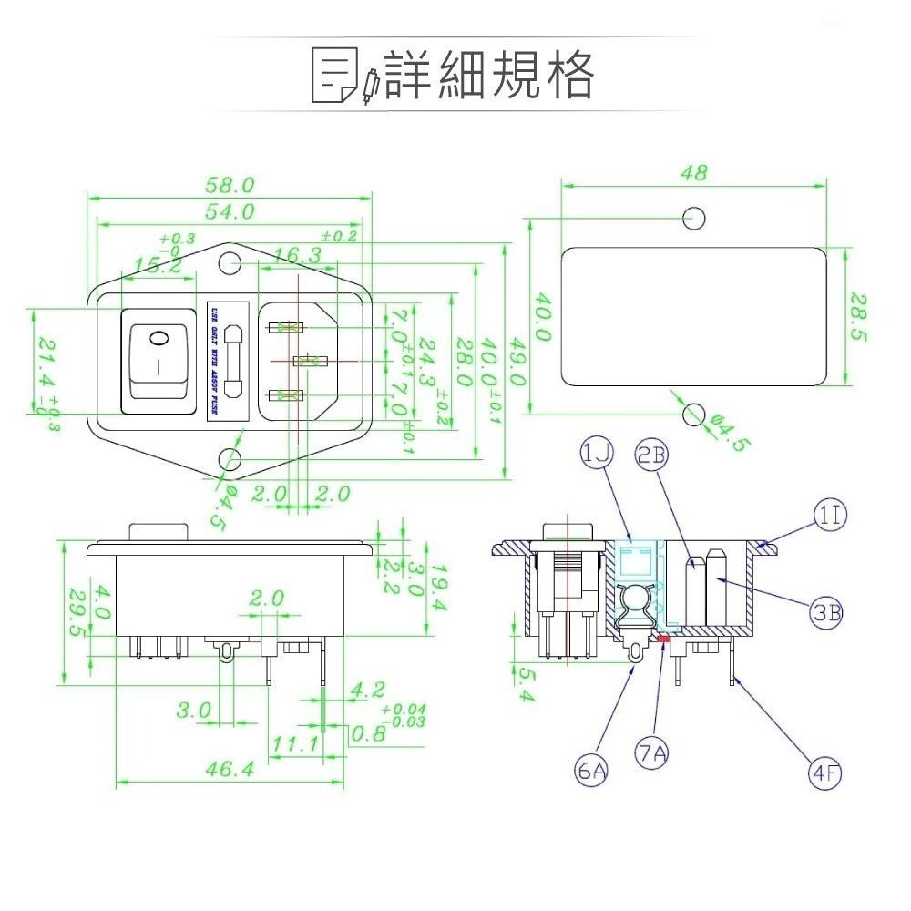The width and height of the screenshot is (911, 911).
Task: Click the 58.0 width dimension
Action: (229, 185)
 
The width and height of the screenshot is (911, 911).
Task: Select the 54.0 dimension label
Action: (229, 211)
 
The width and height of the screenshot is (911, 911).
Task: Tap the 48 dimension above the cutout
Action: (693, 172)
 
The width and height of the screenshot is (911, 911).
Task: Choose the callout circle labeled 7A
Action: (652, 753)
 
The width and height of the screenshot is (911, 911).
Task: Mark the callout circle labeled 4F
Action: (825, 774)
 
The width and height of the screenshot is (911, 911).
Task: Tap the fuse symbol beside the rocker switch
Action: (233, 360)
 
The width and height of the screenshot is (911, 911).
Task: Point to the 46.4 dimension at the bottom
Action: (229, 770)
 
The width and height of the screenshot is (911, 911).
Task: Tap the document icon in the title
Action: (334, 76)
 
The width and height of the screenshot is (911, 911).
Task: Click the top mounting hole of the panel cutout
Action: (694, 218)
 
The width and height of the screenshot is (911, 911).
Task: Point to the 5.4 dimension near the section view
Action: (526, 684)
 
